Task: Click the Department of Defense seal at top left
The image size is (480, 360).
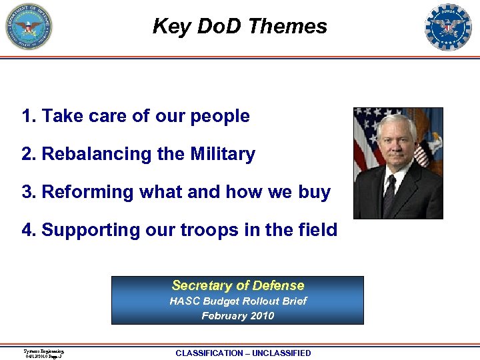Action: click(x=29, y=27)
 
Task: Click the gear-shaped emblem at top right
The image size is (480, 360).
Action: click(x=448, y=27)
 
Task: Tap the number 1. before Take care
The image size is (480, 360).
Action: click(x=29, y=116)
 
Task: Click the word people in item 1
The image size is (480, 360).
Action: click(x=221, y=116)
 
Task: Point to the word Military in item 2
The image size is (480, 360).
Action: click(x=223, y=154)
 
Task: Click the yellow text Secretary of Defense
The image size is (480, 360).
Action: click(x=237, y=285)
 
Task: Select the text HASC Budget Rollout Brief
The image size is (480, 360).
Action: click(x=237, y=301)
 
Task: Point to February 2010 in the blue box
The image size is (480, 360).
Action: click(x=237, y=315)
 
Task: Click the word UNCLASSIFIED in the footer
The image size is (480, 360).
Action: click(x=281, y=353)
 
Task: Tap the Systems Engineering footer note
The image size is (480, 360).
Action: click(x=43, y=353)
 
